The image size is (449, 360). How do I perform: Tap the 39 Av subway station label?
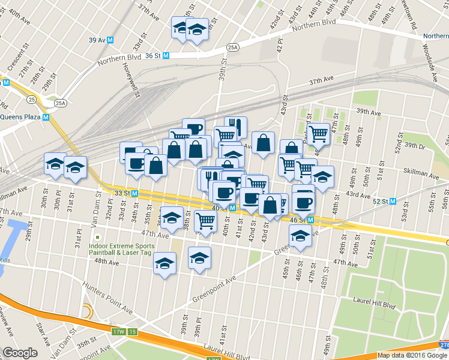pyautogui.click(x=97, y=40)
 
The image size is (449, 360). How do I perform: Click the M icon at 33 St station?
pyautogui.click(x=135, y=193)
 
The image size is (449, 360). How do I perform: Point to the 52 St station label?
pyautogui.click(x=379, y=202)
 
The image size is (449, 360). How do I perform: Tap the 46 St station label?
pyautogui.click(x=298, y=220)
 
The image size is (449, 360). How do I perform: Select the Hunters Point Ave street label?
pyautogui.click(x=108, y=298)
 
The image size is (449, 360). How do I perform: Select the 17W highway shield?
pyautogui.click(x=118, y=331)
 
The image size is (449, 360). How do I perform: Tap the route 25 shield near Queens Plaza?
pyautogui.click(x=31, y=98)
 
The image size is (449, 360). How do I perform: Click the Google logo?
pyautogui.click(x=20, y=353)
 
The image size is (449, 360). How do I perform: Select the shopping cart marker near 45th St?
pyautogui.click(x=318, y=134)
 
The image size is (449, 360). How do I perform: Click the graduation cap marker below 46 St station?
pyautogui.click(x=300, y=237)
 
